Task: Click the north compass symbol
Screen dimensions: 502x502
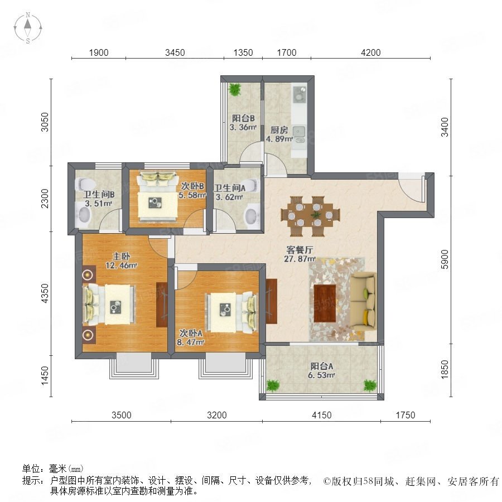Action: pyautogui.click(x=28, y=27)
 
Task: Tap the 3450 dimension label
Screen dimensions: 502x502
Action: pyautogui.click(x=175, y=52)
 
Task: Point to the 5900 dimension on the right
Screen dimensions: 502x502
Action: pyautogui.click(x=445, y=259)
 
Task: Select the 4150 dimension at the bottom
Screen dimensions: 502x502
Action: pyautogui.click(x=321, y=415)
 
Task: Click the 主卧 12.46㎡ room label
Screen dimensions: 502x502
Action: pyautogui.click(x=122, y=260)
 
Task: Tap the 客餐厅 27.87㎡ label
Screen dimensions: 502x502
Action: pyautogui.click(x=300, y=254)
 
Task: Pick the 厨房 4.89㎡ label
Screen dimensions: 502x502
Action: pyautogui.click(x=279, y=134)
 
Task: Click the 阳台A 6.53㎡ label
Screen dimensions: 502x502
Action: pyautogui.click(x=321, y=370)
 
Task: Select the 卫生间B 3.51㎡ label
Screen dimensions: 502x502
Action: pyautogui.click(x=99, y=199)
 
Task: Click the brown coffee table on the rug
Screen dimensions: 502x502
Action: pyautogui.click(x=325, y=303)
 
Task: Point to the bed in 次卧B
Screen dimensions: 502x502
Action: pyautogui.click(x=157, y=196)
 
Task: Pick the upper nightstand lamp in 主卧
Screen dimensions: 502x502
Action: pyautogui.click(x=88, y=274)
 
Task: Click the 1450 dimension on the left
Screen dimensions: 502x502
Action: pyautogui.click(x=45, y=376)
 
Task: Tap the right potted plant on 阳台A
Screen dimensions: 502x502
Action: pyautogui.click(x=370, y=385)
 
